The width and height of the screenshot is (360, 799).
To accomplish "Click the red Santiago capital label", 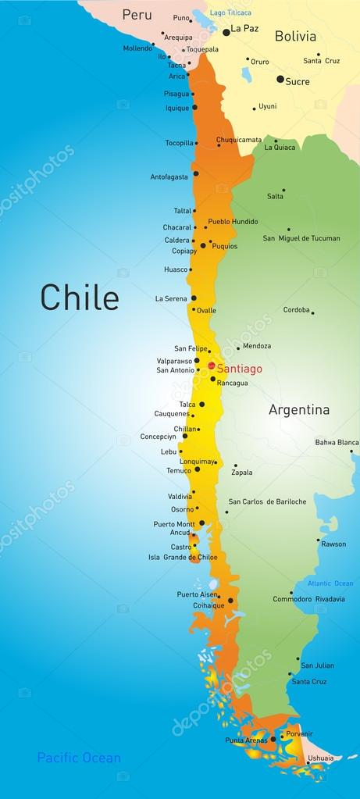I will [x=239, y=369].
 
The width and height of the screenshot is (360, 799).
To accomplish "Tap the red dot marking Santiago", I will [x=211, y=365].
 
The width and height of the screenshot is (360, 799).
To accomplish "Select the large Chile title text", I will [x=80, y=298].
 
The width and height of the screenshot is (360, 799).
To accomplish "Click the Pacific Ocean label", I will [x=79, y=758].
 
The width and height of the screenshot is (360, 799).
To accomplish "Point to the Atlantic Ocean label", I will [x=330, y=583].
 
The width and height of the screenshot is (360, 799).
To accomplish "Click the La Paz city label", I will [x=244, y=28].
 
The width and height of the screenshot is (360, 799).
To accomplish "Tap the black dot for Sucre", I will [x=280, y=79].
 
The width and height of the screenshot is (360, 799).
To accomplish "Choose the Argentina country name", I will [x=299, y=409].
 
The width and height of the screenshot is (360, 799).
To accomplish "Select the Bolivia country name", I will [x=295, y=36].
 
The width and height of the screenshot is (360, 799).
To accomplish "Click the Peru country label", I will [x=137, y=15].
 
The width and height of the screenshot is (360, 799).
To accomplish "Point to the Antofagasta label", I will [x=169, y=177].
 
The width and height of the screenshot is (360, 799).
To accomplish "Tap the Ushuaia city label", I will [x=320, y=758].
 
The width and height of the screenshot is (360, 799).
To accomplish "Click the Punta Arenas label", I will [x=246, y=740].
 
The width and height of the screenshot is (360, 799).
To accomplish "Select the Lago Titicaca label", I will [x=231, y=12].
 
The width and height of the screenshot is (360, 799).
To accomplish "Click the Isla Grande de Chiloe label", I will [x=183, y=558].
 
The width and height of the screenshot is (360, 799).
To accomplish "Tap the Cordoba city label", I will [x=296, y=309].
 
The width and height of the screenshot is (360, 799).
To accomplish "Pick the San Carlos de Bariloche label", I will [x=267, y=501].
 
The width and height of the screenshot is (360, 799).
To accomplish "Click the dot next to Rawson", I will [x=319, y=540].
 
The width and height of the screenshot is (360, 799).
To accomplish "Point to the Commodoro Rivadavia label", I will [x=308, y=599].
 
